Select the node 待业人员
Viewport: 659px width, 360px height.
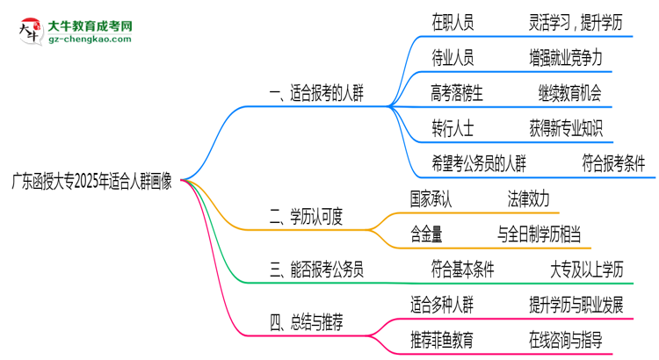[453, 58]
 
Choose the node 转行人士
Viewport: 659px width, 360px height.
[453, 127]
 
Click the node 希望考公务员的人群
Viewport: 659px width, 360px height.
[479, 162]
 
